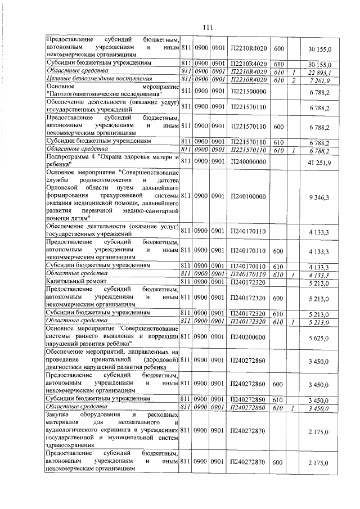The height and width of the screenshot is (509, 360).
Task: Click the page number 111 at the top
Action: point(207,28)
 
